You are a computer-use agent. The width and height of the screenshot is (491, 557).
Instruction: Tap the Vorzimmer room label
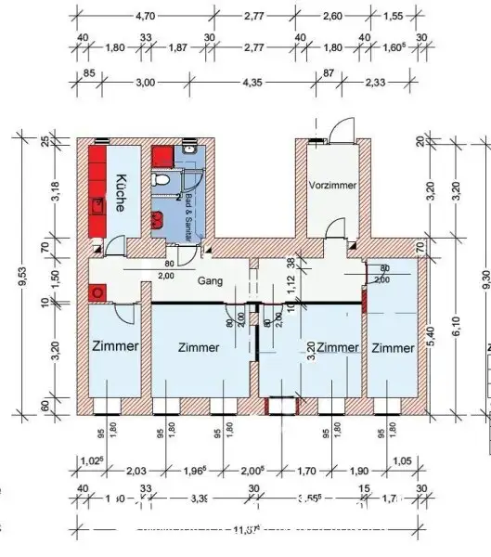(x=332, y=186)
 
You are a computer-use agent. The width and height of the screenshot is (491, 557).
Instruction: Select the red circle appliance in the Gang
(x=96, y=291)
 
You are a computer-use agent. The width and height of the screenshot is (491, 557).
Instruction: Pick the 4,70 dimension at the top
(x=145, y=17)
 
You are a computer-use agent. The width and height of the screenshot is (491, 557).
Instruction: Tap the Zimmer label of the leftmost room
(x=115, y=346)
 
